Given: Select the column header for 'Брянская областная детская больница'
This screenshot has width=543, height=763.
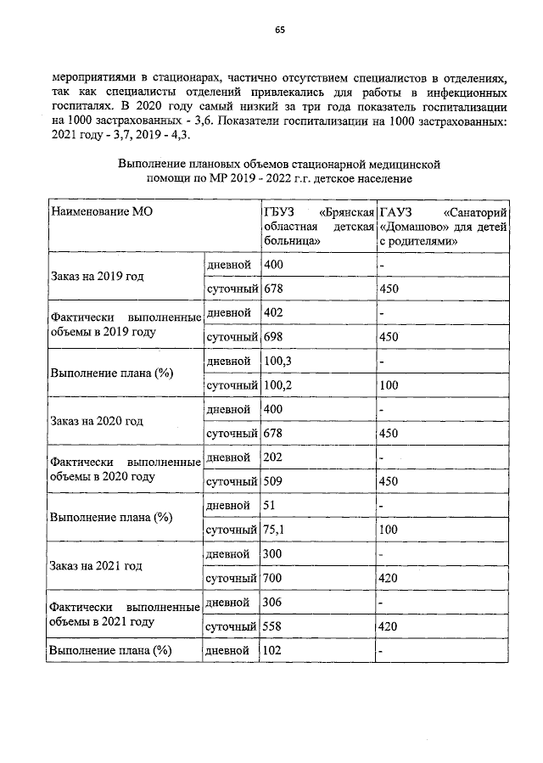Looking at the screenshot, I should tap(316, 225).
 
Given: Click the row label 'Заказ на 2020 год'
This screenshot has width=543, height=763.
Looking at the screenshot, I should tap(96, 421).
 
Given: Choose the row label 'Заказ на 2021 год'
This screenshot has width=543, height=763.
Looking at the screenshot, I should tap(96, 565).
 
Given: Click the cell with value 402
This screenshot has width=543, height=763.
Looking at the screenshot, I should tap(273, 313).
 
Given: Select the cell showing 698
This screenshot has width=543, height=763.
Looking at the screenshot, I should tap(273, 338).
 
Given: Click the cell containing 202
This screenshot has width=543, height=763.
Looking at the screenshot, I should tap(273, 457).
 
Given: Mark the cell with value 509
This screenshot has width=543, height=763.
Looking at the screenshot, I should tap(273, 482).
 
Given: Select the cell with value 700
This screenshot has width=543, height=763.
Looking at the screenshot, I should tap(273, 579).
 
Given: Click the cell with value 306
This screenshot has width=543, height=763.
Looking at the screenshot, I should tap(273, 602).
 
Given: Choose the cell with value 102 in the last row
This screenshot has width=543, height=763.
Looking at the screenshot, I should tap(273, 651).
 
